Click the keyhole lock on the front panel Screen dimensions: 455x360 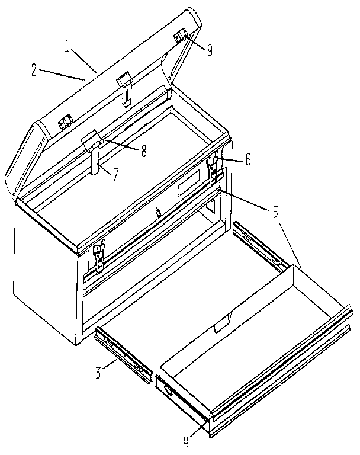click(157, 212)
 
